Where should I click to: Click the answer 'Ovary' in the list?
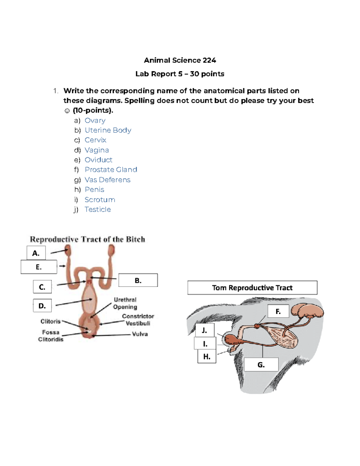coord(95,120)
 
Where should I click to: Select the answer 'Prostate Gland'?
coord(111,170)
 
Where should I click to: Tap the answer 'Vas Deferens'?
coord(107,180)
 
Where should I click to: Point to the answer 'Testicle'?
coord(97,209)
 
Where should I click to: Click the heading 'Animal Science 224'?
coord(180,60)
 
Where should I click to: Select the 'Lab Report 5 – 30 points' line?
coord(180,74)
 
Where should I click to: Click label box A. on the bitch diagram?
coord(36,253)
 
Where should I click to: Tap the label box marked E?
coord(39,267)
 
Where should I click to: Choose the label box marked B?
coord(138,280)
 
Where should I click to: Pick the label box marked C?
coord(42,287)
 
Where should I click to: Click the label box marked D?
coord(42,306)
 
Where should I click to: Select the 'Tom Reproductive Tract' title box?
coord(252,288)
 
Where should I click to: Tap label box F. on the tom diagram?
coord(278,311)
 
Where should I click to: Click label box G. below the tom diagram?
coord(261,365)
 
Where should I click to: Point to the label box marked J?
coord(205,330)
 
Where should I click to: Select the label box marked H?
coord(207,356)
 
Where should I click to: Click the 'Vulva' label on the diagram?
coord(140,334)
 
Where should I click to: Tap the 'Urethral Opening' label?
coord(125,303)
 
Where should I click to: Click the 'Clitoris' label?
coord(50,321)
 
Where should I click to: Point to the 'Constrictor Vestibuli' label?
coord(138,320)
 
